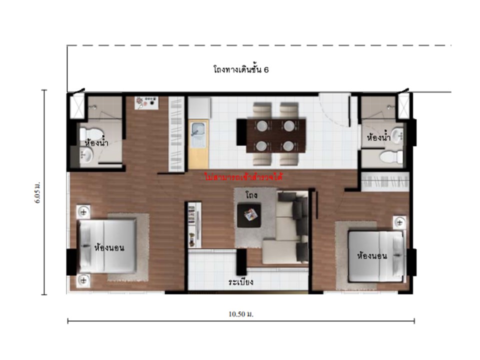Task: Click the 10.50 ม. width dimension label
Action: pos(241,314)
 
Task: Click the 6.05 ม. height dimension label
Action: pos(37,193)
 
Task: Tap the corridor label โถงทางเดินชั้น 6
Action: pos(241,70)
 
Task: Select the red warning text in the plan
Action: pos(243,177)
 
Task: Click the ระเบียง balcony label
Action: pos(241,281)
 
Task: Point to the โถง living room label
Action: pos(251,195)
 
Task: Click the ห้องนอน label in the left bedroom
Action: pos(109,247)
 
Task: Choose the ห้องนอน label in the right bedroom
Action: pos(372,255)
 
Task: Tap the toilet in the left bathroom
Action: pos(90,134)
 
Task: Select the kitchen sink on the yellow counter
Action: pos(198,134)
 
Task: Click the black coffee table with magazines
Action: pos(249,215)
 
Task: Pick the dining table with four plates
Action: pos(276,135)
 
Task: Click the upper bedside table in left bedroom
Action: pos(83,211)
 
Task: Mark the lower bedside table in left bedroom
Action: pos(83,280)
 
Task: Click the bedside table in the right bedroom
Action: pos(399,222)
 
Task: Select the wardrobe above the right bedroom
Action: pos(385,182)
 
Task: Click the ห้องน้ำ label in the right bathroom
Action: pos(378,138)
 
